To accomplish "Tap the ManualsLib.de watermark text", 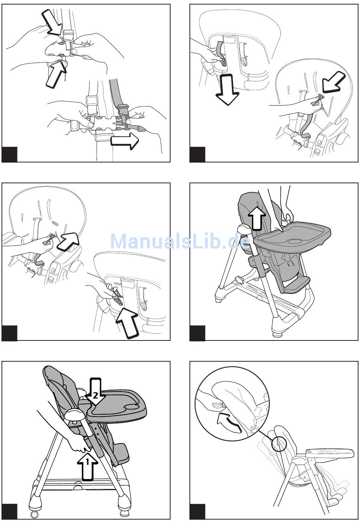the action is click(180, 242).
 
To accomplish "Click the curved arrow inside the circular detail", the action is click(229, 423).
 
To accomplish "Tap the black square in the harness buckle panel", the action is click(9, 155).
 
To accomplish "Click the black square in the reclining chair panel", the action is click(197, 512).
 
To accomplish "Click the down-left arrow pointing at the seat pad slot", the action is click(333, 83).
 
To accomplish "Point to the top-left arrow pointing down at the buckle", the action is click(52, 23).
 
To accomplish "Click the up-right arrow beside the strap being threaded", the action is click(67, 242).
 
